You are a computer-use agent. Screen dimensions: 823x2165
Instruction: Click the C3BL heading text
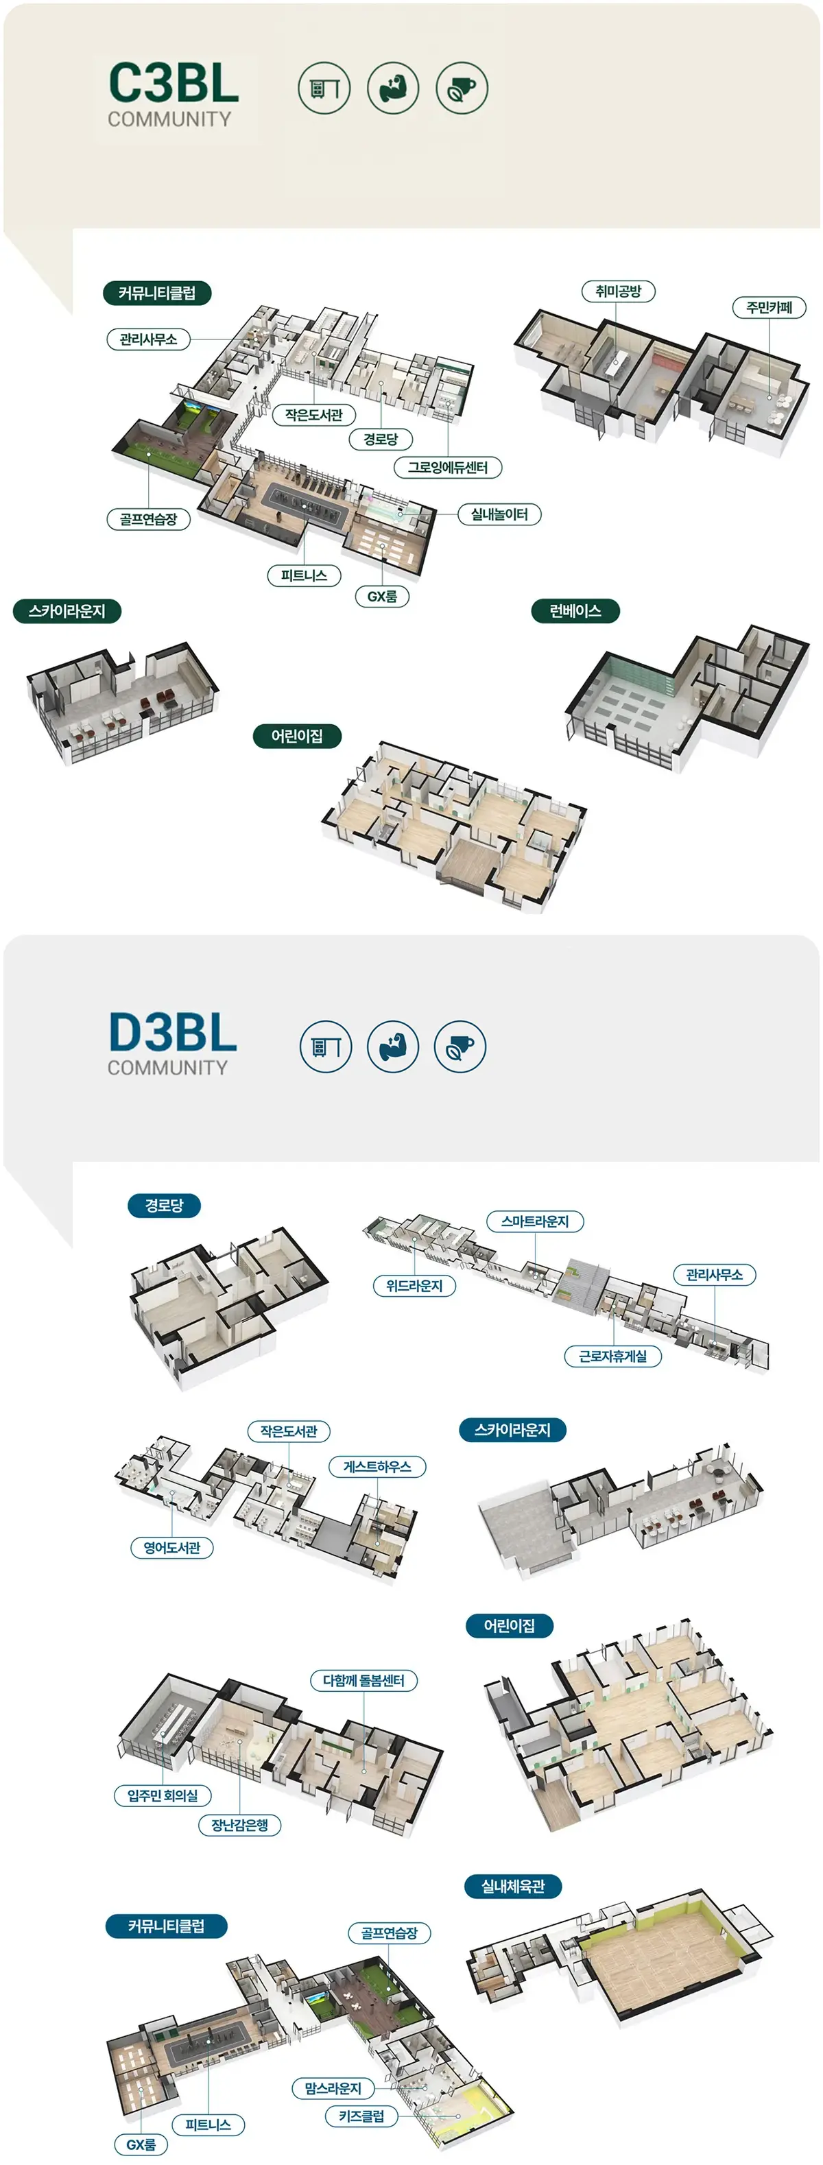pos(174,83)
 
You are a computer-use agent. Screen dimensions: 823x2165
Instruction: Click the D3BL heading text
pos(172,1032)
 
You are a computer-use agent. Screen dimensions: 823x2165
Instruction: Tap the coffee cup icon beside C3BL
pos(462,87)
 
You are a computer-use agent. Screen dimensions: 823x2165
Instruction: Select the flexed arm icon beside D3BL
pos(392,1046)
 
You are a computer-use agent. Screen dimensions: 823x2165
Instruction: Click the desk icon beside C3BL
pos(324,87)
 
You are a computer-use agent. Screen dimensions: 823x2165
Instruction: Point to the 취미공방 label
pos(618,291)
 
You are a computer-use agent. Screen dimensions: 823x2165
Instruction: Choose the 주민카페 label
pos(770,308)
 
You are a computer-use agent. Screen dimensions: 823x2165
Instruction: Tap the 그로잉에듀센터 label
pos(448,467)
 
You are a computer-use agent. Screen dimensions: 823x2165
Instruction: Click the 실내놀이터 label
pos(499,514)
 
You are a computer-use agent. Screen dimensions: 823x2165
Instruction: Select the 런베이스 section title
pos(575,611)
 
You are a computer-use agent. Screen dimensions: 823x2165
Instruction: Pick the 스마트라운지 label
pos(535,1221)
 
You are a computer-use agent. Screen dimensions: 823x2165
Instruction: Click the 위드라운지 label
pos(414,1286)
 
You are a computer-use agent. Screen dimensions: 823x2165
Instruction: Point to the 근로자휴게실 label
pos(613,1356)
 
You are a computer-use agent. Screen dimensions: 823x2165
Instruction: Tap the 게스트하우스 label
pos(377,1467)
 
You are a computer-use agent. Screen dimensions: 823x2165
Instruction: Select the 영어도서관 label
pos(171,1548)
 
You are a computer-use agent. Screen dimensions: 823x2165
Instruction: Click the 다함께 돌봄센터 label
pos(364,1681)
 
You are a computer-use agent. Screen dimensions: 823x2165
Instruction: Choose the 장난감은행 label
pos(239,1826)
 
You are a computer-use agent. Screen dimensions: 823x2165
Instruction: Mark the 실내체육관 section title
pos(513,1887)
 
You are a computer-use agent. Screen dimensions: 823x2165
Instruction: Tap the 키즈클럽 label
pos(361,2116)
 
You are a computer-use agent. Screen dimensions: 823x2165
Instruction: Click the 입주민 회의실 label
pos(163,1796)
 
